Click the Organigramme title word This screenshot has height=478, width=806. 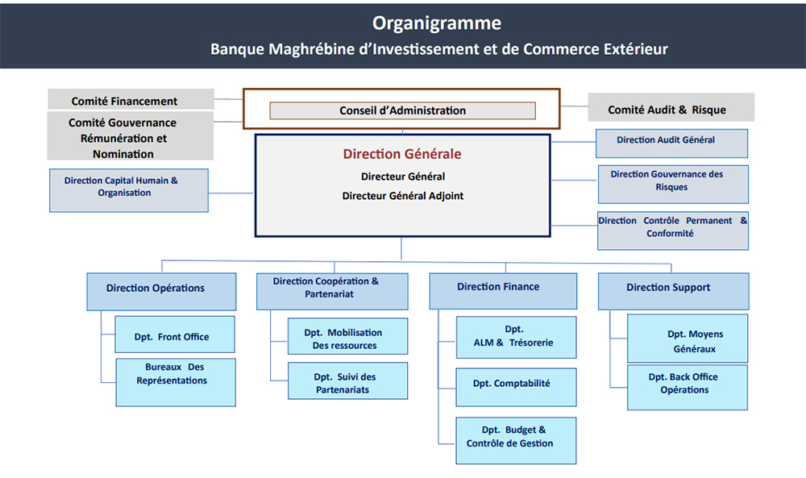coord(437,23)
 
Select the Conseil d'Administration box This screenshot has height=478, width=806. coord(402,110)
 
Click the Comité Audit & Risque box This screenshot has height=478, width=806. coord(671,108)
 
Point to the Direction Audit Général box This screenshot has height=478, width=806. coord(671,143)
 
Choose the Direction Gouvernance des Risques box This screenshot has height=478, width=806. coord(673,184)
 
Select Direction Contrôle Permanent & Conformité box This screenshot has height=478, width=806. coord(673,231)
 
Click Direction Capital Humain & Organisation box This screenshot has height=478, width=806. coord(129,189)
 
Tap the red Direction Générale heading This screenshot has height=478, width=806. coord(402,153)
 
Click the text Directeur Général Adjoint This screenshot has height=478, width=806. coord(402,196)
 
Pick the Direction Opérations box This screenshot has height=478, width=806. coord(161,291)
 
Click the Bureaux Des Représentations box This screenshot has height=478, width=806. coord(176,381)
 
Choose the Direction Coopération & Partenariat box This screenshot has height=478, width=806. coord(332,291)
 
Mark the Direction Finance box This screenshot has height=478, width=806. coord(503,290)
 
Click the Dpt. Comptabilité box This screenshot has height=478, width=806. coord(516,386)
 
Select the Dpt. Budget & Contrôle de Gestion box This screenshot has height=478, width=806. coord(516,440)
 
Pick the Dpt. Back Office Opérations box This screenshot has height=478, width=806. coord(687,387)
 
